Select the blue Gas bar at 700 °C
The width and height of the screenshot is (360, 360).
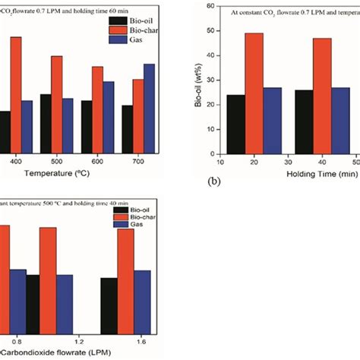point(149,107)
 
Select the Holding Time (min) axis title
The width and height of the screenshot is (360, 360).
point(327,174)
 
